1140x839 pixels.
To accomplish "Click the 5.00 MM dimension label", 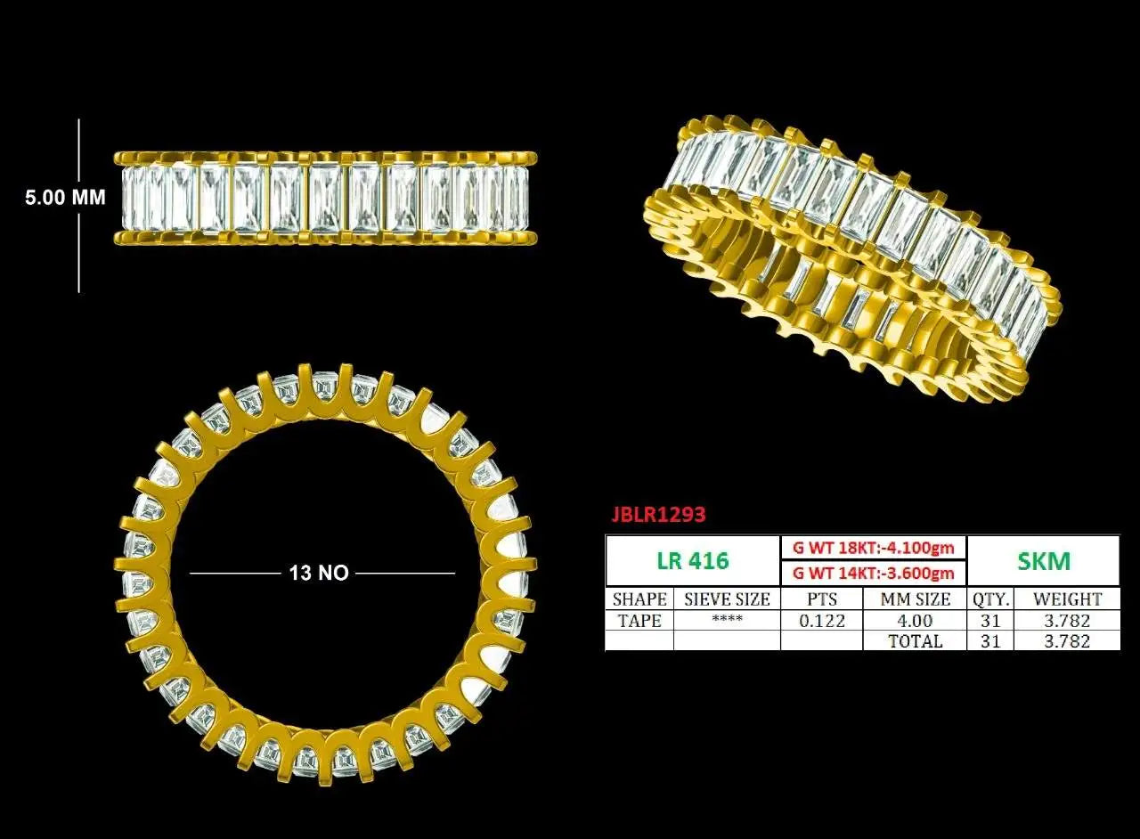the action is click(x=66, y=197).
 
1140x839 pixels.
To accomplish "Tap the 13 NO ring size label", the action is click(x=319, y=573).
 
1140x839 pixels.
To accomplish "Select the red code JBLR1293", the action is click(x=658, y=515).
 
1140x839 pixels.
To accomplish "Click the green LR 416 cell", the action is click(x=693, y=560).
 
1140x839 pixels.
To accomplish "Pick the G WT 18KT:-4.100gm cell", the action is click(x=874, y=549).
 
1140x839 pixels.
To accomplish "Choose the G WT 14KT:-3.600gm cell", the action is click(x=874, y=574).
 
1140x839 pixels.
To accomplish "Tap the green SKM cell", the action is click(x=1044, y=560).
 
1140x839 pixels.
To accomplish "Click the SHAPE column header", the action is click(x=639, y=599).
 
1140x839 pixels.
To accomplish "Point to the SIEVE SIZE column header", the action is click(x=728, y=599).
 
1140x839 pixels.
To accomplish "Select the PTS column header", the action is click(x=822, y=599).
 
